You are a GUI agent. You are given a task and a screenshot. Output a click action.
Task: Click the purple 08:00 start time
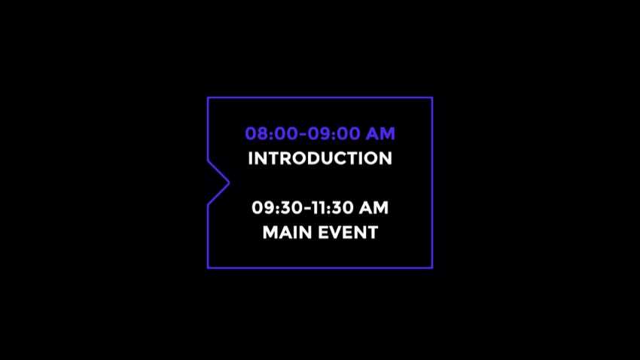pos(272,134)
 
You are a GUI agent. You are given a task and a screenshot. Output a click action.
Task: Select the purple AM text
pos(380,134)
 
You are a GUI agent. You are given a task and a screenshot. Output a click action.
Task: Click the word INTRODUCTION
pos(320,158)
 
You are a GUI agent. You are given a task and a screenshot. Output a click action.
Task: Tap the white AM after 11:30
pos(373,208)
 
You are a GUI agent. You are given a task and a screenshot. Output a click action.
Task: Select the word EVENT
pos(348,233)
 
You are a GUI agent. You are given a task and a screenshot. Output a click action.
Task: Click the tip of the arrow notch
pos(229,183)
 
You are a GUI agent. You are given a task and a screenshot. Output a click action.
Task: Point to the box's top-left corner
pos(208,98)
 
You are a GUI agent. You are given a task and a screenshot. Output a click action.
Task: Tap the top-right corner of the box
pos(432,98)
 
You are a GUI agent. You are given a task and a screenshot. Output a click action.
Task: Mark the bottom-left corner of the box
pos(208,268)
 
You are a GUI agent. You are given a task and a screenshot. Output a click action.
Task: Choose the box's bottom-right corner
pos(432,268)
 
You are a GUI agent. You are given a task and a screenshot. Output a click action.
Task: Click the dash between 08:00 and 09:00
pos(303,134)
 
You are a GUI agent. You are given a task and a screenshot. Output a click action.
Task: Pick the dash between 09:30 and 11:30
pos(308,208)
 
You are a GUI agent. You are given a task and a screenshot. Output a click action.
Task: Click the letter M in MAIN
pos(270,233)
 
